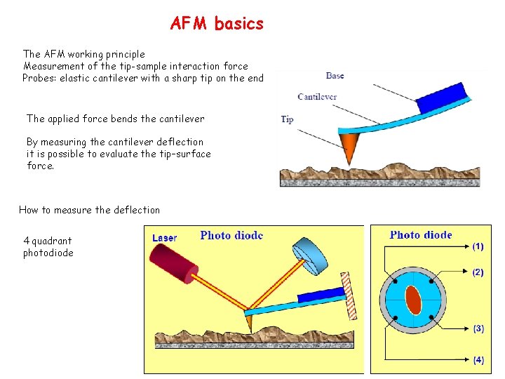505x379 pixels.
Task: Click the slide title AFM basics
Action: coord(217,24)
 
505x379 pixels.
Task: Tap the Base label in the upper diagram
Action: coord(335,75)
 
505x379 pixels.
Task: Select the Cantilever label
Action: coord(317,97)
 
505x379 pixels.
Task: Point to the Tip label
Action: coord(287,119)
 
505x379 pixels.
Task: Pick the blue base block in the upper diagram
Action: coord(443,99)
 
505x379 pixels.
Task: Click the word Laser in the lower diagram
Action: coord(165,238)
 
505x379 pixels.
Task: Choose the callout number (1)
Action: coord(478,246)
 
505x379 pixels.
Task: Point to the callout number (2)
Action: coord(478,272)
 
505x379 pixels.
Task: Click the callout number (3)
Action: coord(478,328)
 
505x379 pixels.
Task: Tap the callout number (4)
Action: coord(478,360)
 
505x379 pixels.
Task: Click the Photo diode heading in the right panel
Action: coord(421,235)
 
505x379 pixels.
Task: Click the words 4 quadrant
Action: coord(48,241)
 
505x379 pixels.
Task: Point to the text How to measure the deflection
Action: coord(89,210)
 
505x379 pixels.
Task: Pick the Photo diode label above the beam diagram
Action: coord(231,236)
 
